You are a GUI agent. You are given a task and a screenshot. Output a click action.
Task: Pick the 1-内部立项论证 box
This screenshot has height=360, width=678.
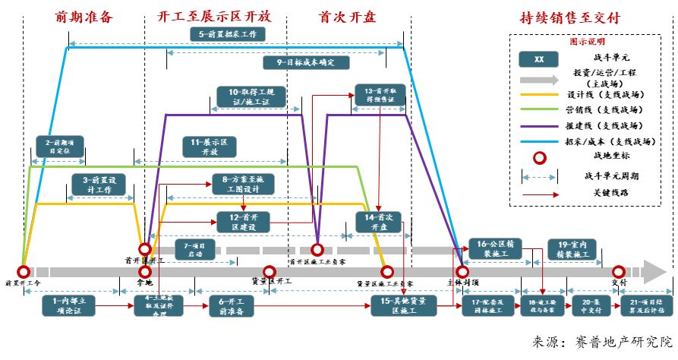[71, 305]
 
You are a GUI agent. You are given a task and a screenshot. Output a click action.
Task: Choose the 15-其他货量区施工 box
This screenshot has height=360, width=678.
[403, 305]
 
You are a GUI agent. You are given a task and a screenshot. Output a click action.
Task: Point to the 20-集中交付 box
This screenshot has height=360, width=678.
[586, 305]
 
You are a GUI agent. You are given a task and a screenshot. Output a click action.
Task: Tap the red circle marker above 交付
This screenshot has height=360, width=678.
[618, 271]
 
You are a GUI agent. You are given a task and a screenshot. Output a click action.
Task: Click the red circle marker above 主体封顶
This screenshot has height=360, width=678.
[462, 271]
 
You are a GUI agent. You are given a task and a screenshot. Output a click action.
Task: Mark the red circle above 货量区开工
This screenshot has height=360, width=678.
[268, 271]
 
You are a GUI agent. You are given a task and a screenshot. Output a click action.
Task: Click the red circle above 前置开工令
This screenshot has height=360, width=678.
[24, 271]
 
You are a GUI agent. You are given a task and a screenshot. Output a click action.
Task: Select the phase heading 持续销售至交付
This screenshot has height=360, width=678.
[570, 17]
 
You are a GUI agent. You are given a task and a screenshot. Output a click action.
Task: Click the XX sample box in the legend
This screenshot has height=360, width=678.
[539, 59]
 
